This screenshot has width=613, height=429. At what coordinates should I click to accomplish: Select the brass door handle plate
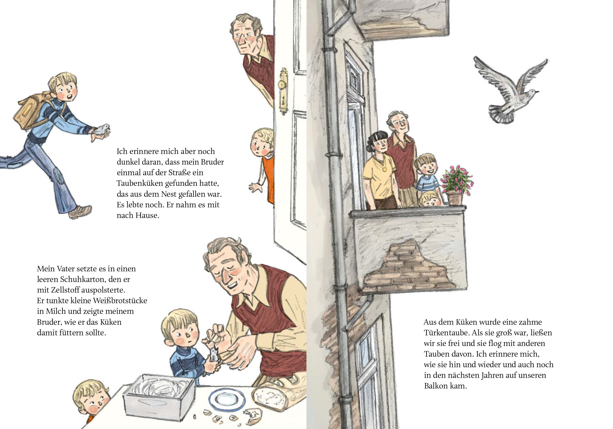(x=283, y=91)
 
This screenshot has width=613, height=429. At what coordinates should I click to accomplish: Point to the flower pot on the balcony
(x=455, y=197)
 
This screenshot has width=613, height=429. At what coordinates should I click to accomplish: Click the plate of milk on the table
(x=227, y=399)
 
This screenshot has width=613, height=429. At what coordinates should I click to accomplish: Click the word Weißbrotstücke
(x=120, y=300)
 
